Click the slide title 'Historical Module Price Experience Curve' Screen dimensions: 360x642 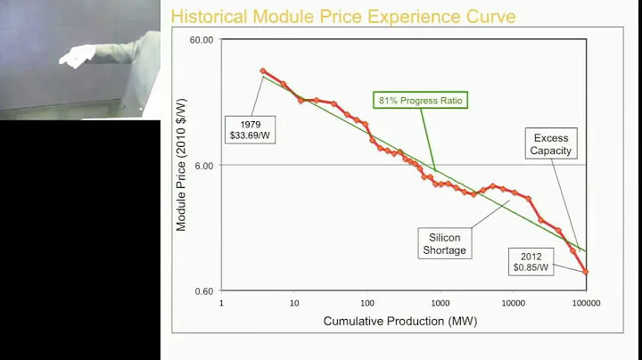click(x=342, y=16)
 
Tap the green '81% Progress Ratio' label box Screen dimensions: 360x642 click(x=422, y=100)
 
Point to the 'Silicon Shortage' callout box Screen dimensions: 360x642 click(x=444, y=243)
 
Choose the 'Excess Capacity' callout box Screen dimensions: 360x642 click(x=550, y=144)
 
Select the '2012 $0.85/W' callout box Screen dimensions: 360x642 click(x=531, y=261)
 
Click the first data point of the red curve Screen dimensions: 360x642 click(x=263, y=70)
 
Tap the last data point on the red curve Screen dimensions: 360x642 click(x=586, y=272)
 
